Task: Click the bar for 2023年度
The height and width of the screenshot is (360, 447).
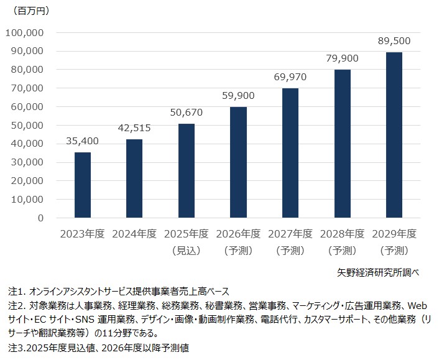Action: coord(83,185)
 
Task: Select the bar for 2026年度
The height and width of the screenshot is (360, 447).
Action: coord(238,163)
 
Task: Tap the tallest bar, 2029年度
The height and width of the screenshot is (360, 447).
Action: coord(394,135)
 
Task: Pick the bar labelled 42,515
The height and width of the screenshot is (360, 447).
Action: coord(134,178)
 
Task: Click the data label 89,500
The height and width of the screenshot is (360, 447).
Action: coord(394,41)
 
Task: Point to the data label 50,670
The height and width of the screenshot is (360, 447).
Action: coord(186,113)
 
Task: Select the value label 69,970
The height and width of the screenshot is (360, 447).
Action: coord(290,77)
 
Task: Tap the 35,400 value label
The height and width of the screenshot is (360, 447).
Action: coord(83,141)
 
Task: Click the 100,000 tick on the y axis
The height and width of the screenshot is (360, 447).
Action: coord(24,32)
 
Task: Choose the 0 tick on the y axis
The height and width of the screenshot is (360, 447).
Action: coord(40,218)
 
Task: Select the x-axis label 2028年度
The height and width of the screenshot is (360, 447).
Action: coord(342,234)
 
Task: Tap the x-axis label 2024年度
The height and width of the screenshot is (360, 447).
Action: coord(134,234)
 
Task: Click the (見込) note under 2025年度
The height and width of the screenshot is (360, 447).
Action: coord(186,251)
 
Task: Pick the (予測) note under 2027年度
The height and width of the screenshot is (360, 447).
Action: coord(290,251)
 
